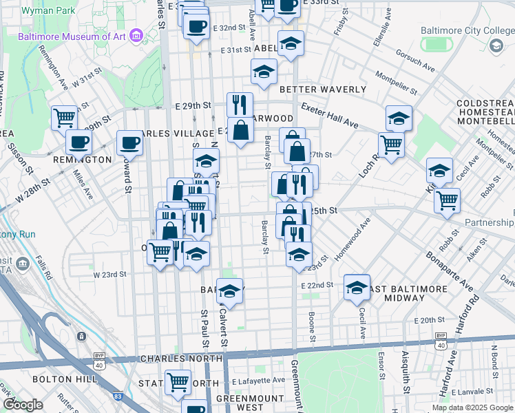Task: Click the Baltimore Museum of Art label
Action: (75, 35)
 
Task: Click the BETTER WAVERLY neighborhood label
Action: (322, 89)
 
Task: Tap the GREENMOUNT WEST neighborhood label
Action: (251, 403)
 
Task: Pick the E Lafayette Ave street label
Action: (258, 381)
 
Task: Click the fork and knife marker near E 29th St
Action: (240, 104)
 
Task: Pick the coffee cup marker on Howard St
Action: (129, 143)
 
